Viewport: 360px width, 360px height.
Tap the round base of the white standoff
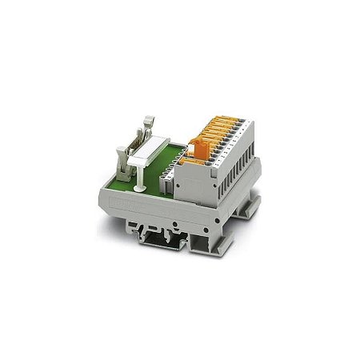click(x=140, y=188)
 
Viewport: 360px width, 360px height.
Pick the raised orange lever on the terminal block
click(x=202, y=150)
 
